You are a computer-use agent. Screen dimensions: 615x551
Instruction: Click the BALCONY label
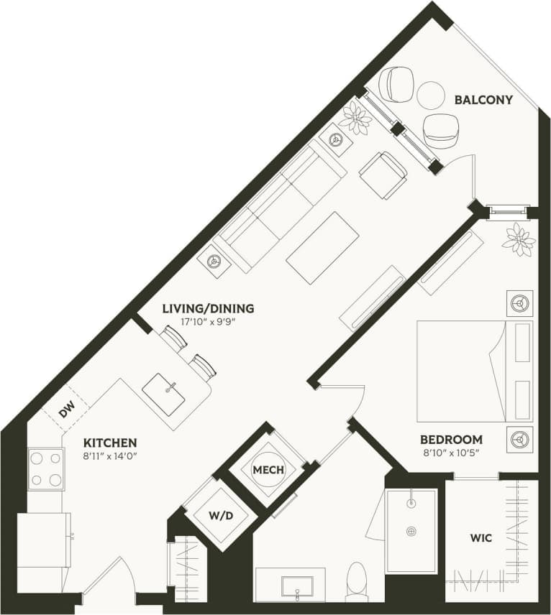click(x=483, y=100)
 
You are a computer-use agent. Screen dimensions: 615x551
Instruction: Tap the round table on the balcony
click(x=431, y=96)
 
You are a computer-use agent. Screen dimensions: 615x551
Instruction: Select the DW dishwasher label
click(x=66, y=411)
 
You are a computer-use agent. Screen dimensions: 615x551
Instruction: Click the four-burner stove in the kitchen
click(x=45, y=468)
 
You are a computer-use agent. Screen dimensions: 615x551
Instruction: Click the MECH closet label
click(x=268, y=470)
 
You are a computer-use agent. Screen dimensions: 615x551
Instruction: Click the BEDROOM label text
click(x=451, y=439)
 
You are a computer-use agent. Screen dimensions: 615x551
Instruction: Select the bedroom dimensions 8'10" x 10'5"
click(x=451, y=453)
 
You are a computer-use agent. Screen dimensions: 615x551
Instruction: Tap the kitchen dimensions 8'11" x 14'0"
click(x=110, y=456)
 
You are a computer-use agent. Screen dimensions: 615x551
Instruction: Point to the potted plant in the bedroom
click(x=519, y=239)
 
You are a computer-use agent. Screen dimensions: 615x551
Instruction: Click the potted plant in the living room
click(x=355, y=118)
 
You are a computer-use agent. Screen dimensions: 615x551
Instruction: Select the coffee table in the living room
click(x=322, y=248)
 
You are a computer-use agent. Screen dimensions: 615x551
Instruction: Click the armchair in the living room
click(x=383, y=175)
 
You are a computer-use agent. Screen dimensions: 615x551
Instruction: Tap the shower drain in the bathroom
click(x=411, y=531)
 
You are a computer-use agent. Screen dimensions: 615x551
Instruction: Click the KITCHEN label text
click(x=110, y=443)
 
